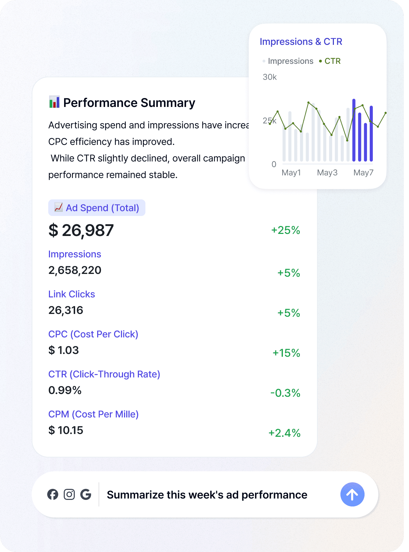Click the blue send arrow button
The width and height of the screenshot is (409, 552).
coord(352,494)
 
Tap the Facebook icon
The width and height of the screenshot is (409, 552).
coord(53,494)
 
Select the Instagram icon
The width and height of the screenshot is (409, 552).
coord(69,494)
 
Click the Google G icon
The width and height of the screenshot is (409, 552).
coord(86,494)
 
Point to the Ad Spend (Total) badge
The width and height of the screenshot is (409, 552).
coord(97,208)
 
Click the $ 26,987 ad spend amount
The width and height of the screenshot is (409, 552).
coord(81,230)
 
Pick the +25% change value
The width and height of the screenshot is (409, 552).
coord(286,230)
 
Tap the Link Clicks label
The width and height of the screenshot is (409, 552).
coord(72,294)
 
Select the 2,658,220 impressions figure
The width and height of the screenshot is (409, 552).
coord(75,270)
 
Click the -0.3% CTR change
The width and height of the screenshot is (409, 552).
coord(285,393)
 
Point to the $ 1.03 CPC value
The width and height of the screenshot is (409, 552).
coord(64,350)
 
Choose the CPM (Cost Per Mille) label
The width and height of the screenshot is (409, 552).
coord(93,414)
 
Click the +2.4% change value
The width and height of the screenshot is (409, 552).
coord(285,433)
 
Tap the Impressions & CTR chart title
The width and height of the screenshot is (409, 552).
coord(301,42)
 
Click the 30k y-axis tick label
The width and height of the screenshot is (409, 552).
coord(270,77)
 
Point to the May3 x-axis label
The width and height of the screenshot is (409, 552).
coord(327,172)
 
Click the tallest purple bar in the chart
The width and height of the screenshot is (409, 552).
coord(354,130)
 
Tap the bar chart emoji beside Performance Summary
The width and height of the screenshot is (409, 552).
coord(54,102)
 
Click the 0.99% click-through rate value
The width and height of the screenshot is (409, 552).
coord(65,390)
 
